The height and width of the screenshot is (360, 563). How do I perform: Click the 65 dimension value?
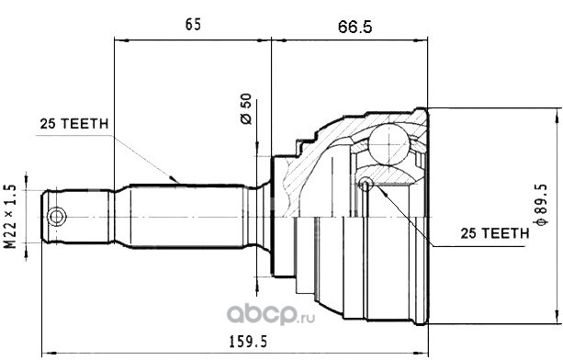tap(193, 25)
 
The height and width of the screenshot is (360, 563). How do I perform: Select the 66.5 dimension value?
tap(355, 27)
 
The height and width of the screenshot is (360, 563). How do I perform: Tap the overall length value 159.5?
tap(248, 342)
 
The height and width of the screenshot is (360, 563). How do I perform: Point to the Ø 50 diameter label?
tap(246, 108)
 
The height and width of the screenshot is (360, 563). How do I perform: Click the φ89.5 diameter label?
tap(541, 205)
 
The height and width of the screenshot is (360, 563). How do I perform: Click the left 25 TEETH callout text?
tap(74, 124)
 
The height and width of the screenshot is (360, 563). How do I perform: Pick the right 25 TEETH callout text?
tap(495, 233)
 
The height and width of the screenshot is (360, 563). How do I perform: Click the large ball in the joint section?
tap(388, 144)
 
